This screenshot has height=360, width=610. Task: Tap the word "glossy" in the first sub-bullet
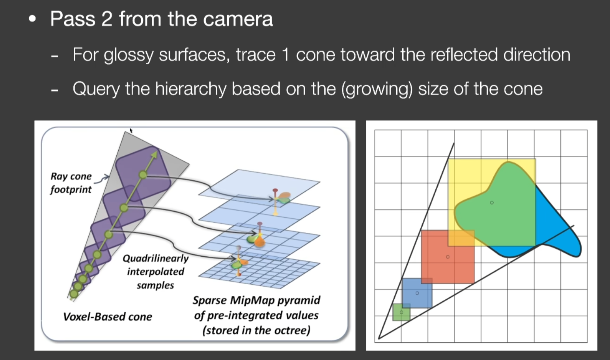(129, 55)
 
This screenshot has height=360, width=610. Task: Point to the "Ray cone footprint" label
(71, 183)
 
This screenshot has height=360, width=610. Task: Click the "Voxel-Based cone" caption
(108, 317)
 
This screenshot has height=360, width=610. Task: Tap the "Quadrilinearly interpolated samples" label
(155, 272)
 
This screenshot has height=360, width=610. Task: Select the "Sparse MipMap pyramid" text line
(256, 300)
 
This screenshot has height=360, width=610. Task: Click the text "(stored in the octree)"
(256, 330)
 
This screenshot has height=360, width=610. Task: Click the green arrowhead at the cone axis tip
(155, 155)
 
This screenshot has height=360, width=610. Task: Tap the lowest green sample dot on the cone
(74, 294)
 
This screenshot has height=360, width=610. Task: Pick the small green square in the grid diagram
(401, 312)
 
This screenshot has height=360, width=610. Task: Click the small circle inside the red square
(448, 257)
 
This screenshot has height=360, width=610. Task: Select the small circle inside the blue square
(417, 293)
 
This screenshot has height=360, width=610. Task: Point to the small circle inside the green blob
(492, 203)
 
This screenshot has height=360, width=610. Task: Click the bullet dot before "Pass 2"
(32, 19)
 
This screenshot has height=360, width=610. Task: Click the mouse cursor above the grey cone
(131, 131)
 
